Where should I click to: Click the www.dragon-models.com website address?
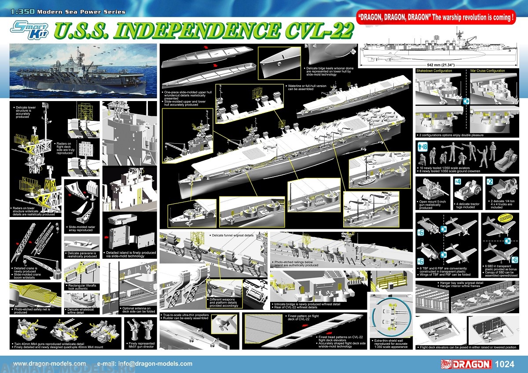pos(49,364)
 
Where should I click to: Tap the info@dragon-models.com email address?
pos(145,364)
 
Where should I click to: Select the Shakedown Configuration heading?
pos(434,71)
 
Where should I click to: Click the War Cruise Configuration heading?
pos(488,71)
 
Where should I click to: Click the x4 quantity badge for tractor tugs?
pos(458,181)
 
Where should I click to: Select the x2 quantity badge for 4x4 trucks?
pos(490,181)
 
